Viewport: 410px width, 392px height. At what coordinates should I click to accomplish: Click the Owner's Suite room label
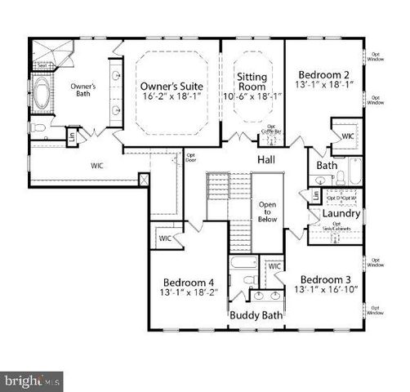(171, 86)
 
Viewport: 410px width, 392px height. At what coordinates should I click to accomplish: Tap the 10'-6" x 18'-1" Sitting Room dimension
(252, 96)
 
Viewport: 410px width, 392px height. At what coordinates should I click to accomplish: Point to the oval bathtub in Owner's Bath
(42, 95)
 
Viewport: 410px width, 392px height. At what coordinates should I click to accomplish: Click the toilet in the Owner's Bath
(38, 129)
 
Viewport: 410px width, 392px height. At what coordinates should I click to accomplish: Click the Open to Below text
(268, 212)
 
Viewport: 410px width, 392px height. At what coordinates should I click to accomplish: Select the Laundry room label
(335, 214)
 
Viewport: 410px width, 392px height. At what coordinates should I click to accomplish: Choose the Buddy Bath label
(256, 314)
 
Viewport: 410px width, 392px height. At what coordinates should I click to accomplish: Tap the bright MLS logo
(32, 380)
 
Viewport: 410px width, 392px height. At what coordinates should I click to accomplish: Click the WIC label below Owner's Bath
(97, 164)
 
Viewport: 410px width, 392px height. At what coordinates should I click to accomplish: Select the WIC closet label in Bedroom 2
(347, 136)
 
